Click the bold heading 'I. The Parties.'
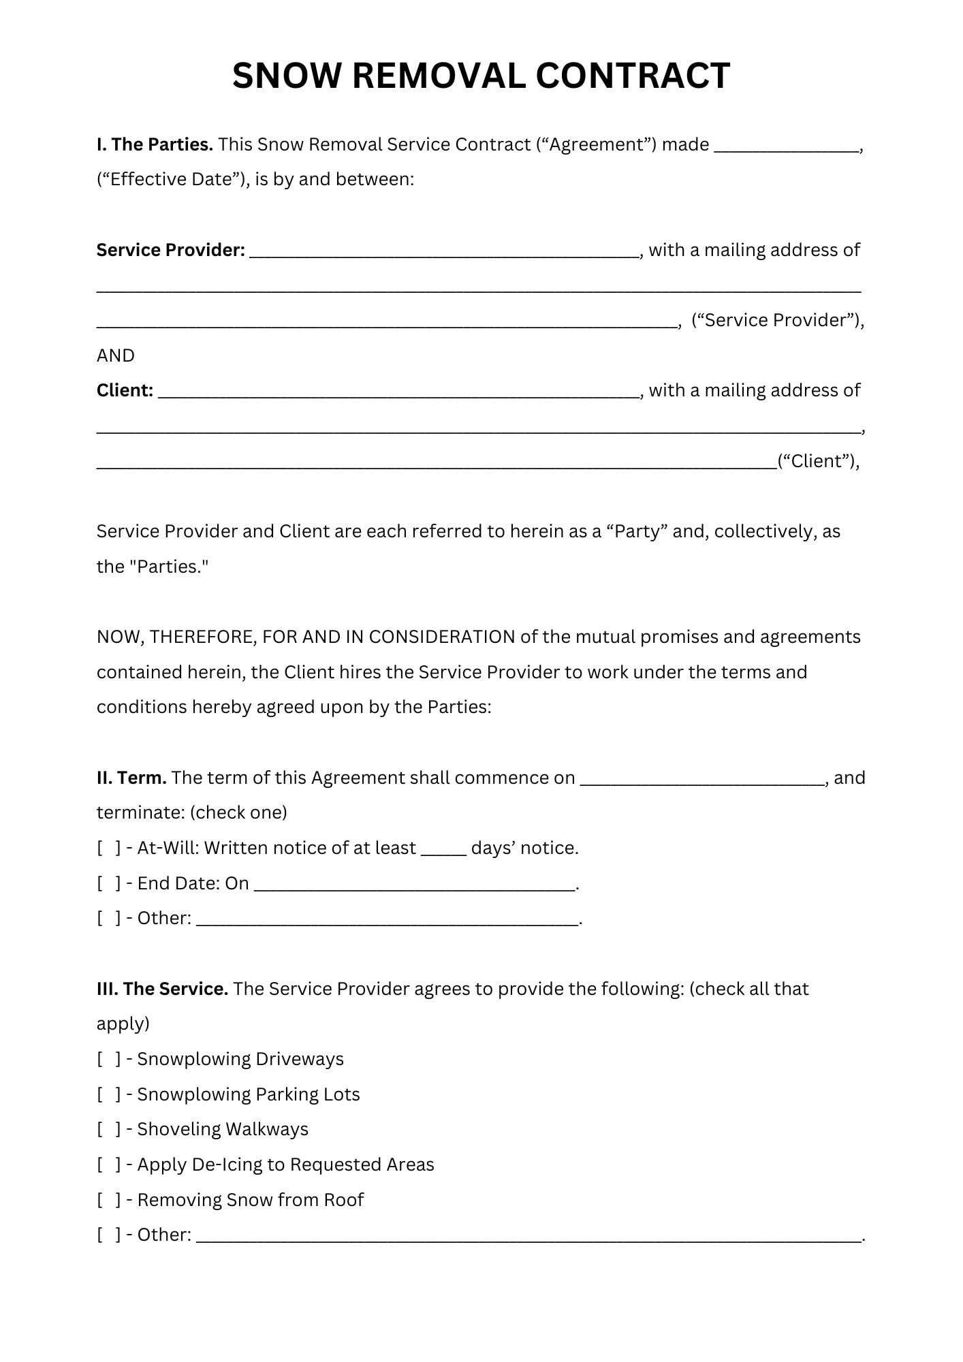155,144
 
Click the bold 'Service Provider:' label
170,250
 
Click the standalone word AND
116,355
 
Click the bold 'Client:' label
125,390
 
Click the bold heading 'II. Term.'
131,778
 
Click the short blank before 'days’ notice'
443,851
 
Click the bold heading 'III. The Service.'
162,989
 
